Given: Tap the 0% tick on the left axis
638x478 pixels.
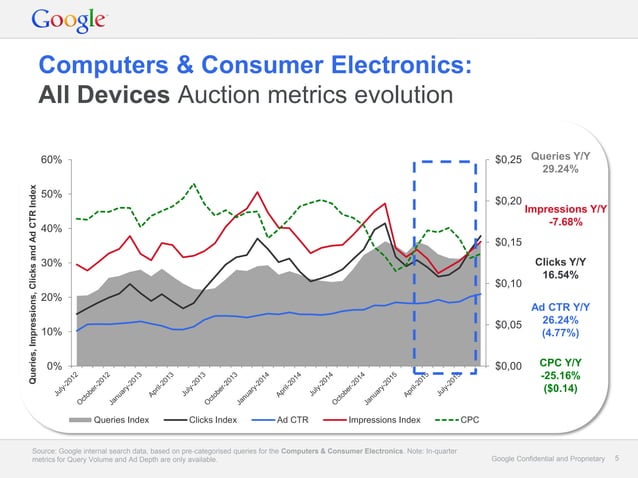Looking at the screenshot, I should (55, 366).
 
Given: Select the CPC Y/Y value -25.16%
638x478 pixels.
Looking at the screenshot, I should (562, 375).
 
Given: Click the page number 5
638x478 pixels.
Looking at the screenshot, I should (617, 457).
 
